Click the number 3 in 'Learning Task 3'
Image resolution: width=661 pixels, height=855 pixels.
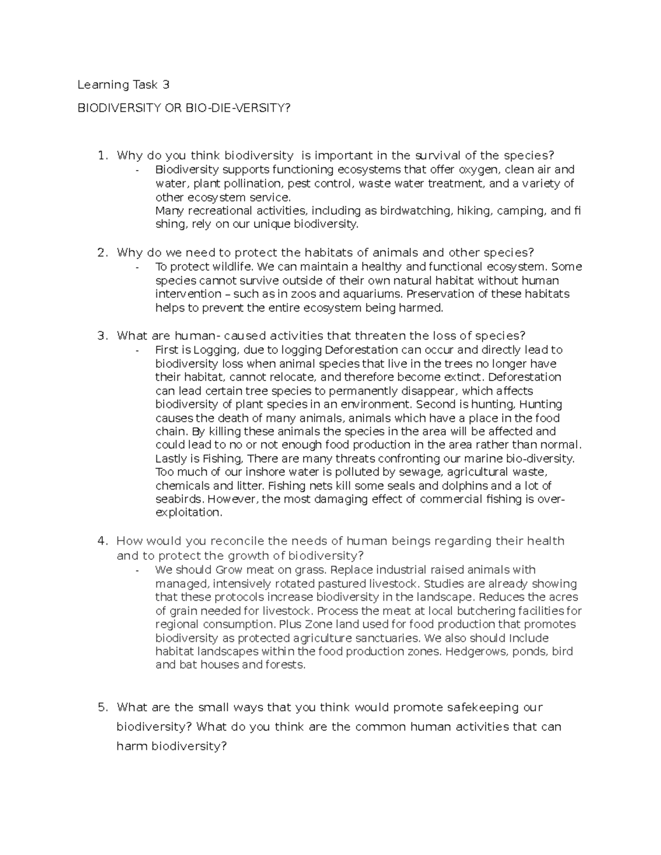click(165, 85)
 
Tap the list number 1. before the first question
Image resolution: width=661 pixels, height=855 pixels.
click(102, 156)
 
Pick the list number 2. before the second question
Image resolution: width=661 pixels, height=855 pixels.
click(102, 253)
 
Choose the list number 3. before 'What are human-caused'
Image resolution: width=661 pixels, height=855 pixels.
click(102, 336)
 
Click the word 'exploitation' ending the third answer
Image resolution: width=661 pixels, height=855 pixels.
click(188, 513)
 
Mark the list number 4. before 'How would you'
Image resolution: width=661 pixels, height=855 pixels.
click(102, 541)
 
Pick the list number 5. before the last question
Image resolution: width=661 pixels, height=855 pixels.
click(102, 707)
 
